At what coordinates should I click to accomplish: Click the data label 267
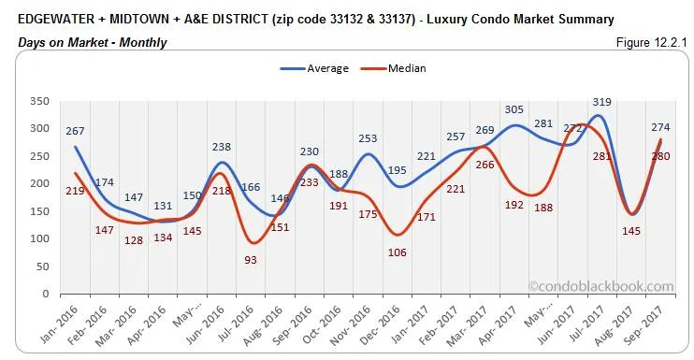pos(75,131)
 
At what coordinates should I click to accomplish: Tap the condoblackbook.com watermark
pos(600,287)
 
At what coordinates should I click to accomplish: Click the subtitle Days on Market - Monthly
pos(93,42)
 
